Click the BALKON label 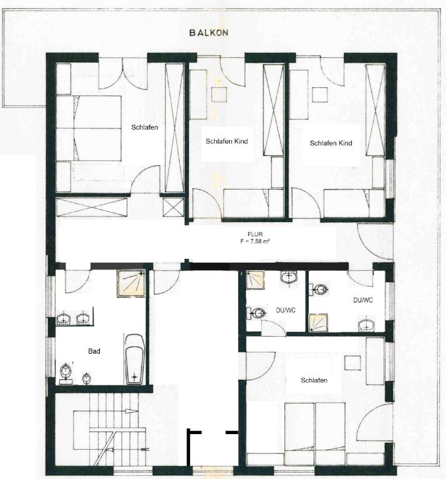pyautogui.click(x=208, y=32)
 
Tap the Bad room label pyautogui.click(x=94, y=351)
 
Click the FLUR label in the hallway pyautogui.click(x=255, y=235)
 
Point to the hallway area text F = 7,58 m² pyautogui.click(x=255, y=241)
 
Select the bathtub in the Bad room pyautogui.click(x=134, y=359)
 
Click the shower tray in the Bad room pyautogui.click(x=132, y=284)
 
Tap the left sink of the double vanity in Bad pyautogui.click(x=63, y=319)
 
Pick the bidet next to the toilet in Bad pyautogui.click(x=87, y=379)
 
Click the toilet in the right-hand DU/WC pyautogui.click(x=319, y=289)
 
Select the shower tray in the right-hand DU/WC pyautogui.click(x=318, y=322)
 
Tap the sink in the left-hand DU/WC pyautogui.click(x=289, y=277)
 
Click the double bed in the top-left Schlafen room pyautogui.click(x=89, y=128)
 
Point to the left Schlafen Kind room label pyautogui.click(x=226, y=141)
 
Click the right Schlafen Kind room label pyautogui.click(x=331, y=143)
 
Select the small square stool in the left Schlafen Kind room pyautogui.click(x=220, y=94)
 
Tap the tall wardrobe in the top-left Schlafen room pyautogui.click(x=175, y=128)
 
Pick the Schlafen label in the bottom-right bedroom pyautogui.click(x=314, y=380)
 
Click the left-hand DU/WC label pyautogui.click(x=286, y=311)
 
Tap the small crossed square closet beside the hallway pyautogui.click(x=173, y=208)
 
